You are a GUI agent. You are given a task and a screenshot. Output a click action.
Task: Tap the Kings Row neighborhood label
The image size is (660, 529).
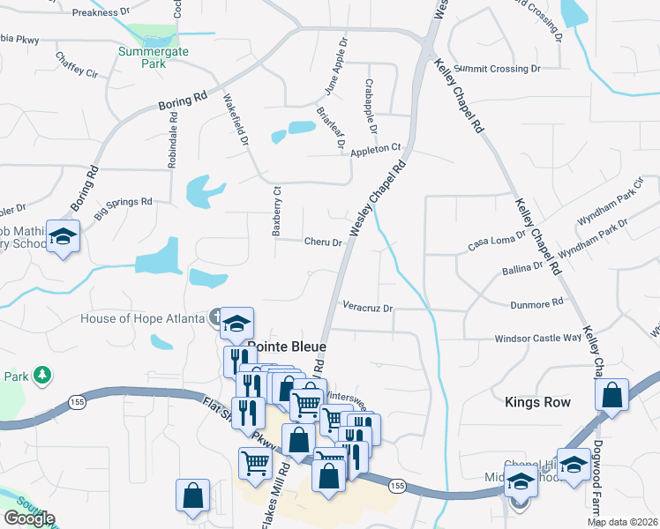coord(537,402)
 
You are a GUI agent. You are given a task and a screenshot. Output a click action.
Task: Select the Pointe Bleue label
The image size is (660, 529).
coord(287,346)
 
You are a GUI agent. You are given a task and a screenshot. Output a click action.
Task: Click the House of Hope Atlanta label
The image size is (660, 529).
coord(141,318)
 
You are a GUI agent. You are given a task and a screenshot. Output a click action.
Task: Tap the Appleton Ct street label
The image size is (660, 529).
coord(376,150)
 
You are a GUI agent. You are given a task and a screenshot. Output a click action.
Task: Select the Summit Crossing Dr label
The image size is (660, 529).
coord(499,69)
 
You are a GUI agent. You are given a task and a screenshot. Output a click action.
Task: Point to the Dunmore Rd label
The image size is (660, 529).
coord(536,304)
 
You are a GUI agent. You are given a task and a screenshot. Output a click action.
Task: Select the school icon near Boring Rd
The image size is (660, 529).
coord(64,236)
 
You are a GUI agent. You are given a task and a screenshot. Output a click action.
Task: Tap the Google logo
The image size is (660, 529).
coord(29,518)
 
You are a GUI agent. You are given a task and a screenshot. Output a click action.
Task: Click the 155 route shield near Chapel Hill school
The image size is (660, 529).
coord(396,486)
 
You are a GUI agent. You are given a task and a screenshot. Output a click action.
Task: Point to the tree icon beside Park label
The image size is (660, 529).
coord(41,376)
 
